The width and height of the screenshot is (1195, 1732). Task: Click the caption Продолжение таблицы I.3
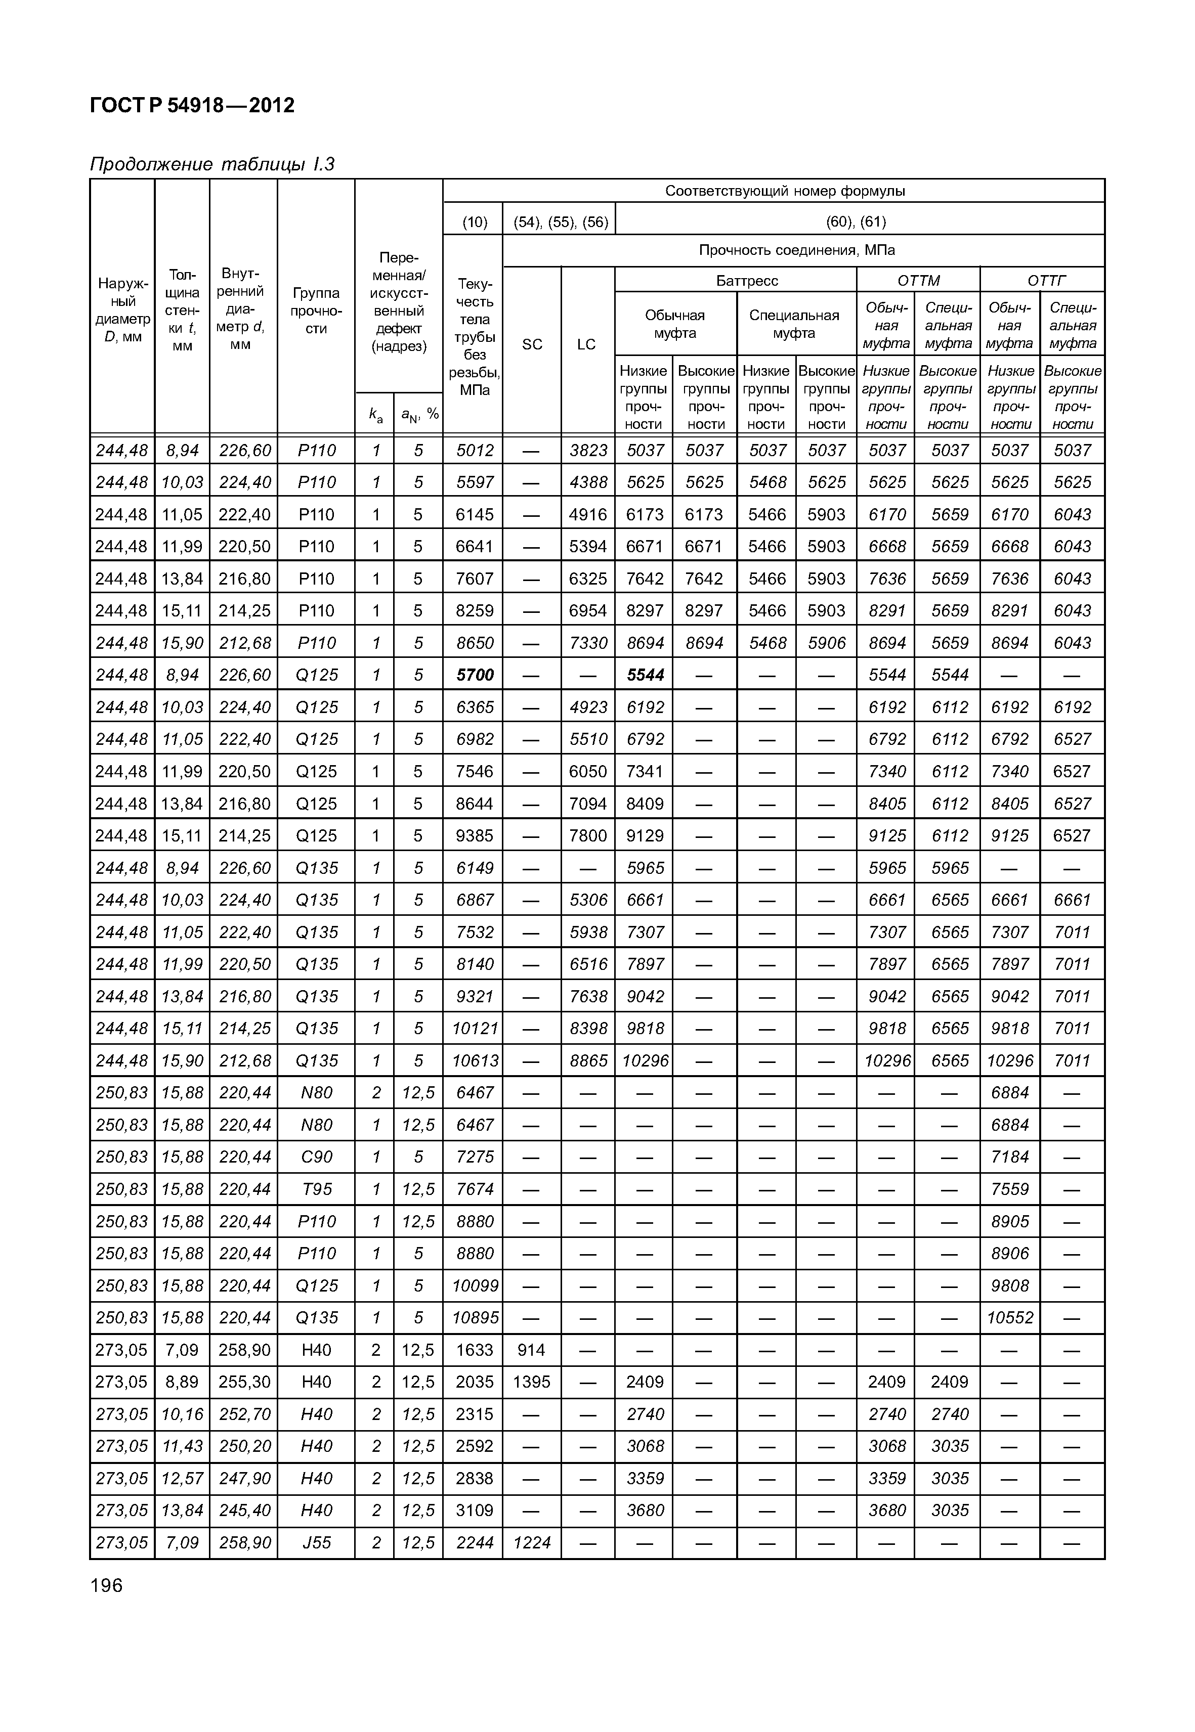coord(212,164)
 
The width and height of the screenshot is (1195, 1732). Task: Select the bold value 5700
coord(475,675)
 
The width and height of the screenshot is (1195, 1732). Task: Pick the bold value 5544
coord(645,675)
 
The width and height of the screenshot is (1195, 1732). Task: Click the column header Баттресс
coord(747,281)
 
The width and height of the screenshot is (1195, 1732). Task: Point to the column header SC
coord(532,344)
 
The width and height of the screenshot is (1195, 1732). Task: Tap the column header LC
coord(586,344)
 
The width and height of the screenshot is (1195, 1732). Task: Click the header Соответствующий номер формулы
coord(785,191)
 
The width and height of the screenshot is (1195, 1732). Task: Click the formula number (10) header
coord(474,221)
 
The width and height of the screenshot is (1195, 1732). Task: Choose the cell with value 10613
coord(475,1060)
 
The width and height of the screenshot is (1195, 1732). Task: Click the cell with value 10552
coord(1009,1317)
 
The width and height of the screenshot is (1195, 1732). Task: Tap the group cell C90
coord(316,1157)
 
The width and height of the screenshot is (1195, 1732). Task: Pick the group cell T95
coord(316,1189)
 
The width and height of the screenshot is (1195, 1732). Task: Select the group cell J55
coord(316,1543)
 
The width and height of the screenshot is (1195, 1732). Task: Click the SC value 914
coord(532,1350)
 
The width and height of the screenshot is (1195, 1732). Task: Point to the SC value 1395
coord(532,1382)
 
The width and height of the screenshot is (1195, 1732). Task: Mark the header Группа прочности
coord(316,310)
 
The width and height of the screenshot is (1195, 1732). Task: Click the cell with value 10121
coord(475,1029)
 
